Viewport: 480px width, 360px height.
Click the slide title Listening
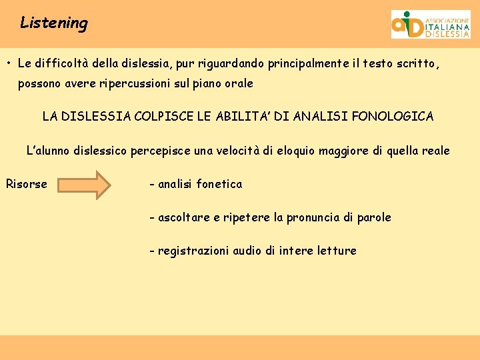(x=54, y=23)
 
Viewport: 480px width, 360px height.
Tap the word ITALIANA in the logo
(x=447, y=27)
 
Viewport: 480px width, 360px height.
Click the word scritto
(x=418, y=64)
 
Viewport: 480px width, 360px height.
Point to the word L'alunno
(x=48, y=151)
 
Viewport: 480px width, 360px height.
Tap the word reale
(x=433, y=151)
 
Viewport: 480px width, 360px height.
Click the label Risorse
(x=27, y=184)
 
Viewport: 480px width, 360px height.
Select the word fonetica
(x=219, y=184)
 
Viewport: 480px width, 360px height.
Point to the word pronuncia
(x=313, y=217)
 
